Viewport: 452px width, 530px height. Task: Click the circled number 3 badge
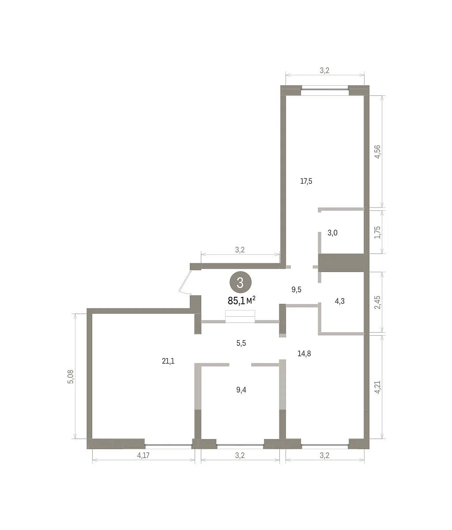[241, 282]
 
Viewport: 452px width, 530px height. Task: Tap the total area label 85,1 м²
[241, 300]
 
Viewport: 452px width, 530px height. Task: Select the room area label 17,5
[306, 181]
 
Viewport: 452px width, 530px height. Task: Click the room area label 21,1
[168, 361]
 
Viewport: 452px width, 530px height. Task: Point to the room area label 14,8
[304, 354]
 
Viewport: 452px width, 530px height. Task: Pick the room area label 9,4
[241, 390]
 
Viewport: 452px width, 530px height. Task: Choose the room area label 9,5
[296, 289]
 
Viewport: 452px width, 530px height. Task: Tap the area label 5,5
[241, 343]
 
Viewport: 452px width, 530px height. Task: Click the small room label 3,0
[332, 233]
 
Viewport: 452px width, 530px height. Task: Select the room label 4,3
[339, 301]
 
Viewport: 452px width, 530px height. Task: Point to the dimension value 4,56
[377, 152]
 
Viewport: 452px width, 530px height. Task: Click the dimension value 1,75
[377, 232]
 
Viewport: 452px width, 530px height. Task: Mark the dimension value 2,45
[377, 302]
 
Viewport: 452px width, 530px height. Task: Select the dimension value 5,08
[71, 377]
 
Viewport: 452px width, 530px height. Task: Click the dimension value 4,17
[143, 455]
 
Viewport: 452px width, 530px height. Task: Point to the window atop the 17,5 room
[324, 90]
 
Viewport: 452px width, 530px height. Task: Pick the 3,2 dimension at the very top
[324, 70]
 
